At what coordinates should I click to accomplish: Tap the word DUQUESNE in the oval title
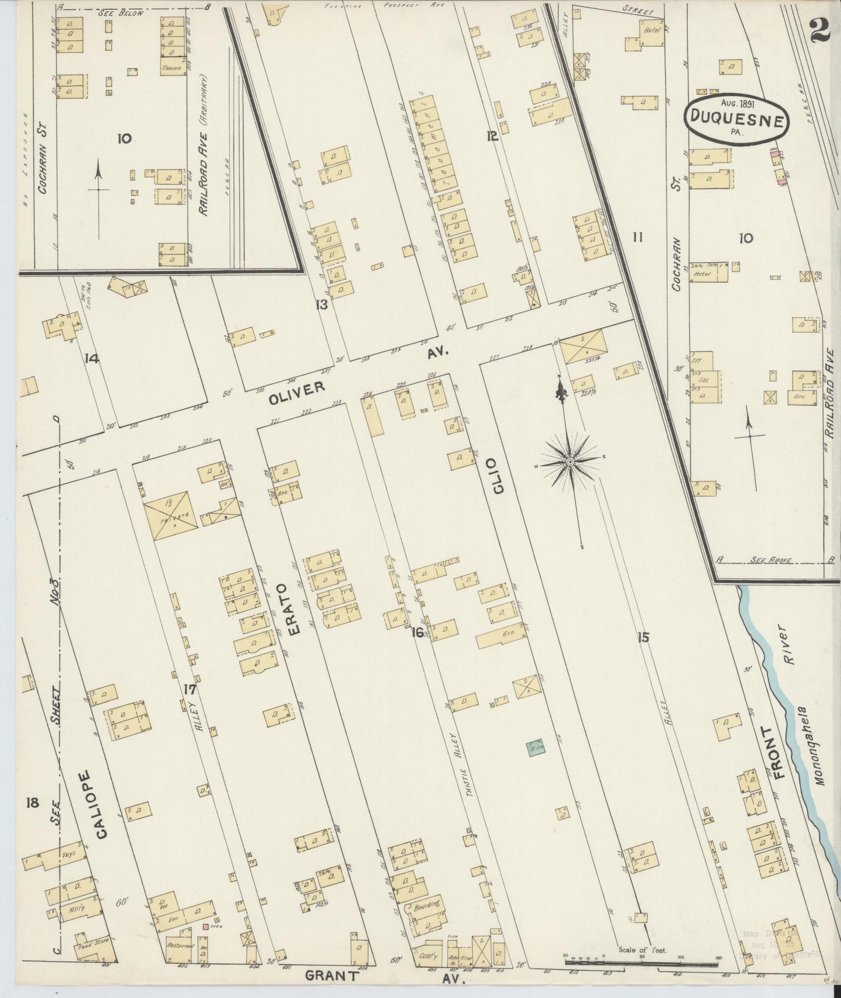pyautogui.click(x=737, y=119)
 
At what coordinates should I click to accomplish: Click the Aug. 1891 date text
pyautogui.click(x=737, y=102)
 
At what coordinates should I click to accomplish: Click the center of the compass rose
pyautogui.click(x=570, y=462)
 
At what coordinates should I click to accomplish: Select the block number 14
pyautogui.click(x=91, y=359)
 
